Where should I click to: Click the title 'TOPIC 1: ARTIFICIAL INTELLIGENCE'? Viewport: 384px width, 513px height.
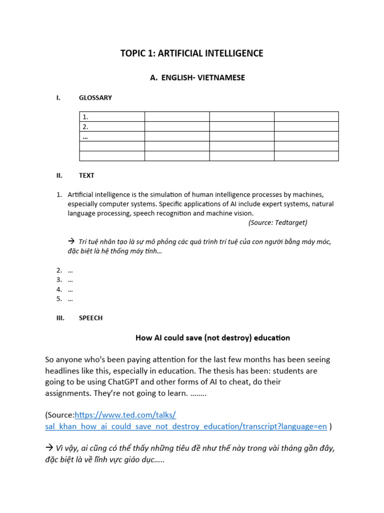pos(191,53)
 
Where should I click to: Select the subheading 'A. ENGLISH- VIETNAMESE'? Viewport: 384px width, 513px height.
pos(191,78)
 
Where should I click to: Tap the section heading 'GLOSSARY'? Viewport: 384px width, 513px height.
pos(95,98)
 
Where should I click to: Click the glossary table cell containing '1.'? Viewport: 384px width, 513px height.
pos(112,117)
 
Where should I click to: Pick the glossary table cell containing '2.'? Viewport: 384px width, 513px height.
pos(112,126)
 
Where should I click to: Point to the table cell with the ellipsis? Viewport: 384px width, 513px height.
pos(112,136)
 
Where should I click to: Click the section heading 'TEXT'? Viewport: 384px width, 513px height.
pos(86,175)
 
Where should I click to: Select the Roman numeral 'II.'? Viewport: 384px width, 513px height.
pos(59,175)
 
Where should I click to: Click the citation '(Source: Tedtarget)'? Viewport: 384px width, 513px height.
pos(277,222)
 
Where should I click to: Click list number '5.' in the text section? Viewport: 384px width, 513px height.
pos(59,299)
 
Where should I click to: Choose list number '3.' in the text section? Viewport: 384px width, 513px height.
pos(59,280)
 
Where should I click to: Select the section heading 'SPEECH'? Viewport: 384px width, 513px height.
pos(90,318)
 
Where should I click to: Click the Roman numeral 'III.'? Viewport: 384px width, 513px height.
pos(60,318)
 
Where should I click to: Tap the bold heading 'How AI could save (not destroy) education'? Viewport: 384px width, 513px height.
pos(212,338)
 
